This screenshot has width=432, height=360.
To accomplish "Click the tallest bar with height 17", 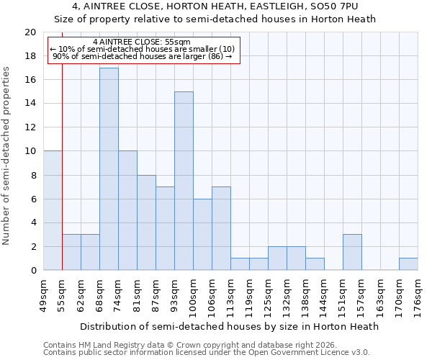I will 109,169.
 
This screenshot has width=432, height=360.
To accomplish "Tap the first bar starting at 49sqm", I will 53,210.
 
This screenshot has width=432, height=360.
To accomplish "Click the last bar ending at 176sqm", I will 408,264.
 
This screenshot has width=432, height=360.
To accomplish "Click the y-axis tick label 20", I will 30,32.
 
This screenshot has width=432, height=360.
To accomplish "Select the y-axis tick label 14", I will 30,104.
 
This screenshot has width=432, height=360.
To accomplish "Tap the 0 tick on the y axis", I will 32,271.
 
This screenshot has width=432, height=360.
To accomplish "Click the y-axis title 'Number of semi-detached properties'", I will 7,156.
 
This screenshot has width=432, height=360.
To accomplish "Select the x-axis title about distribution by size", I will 229,326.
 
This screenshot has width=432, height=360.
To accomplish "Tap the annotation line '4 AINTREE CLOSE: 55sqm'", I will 142,42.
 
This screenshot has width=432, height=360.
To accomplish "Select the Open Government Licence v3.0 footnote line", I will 207,353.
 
